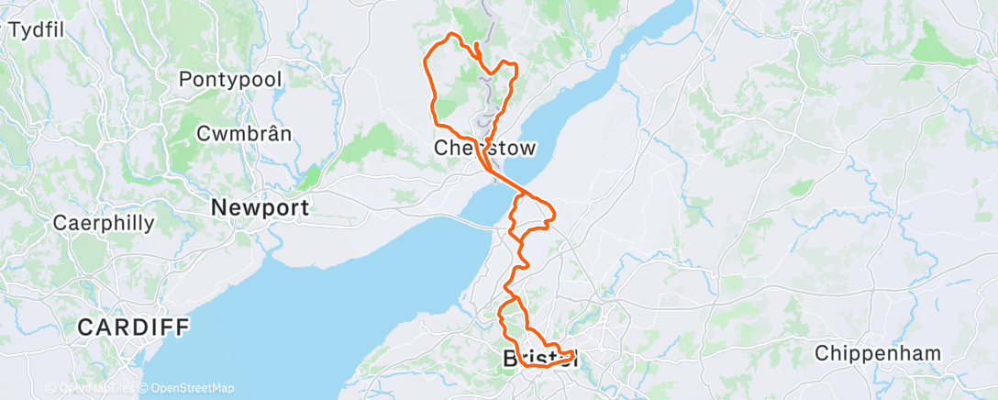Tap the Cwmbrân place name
(245, 133)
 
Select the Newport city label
(260, 208)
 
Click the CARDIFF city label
(133, 327)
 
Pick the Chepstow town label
(484, 148)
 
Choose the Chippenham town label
(878, 353)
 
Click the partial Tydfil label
(35, 30)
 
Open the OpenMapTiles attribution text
(91, 388)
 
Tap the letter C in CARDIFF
(84, 327)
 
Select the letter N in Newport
(219, 208)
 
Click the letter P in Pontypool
(186, 79)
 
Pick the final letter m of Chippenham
(934, 353)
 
